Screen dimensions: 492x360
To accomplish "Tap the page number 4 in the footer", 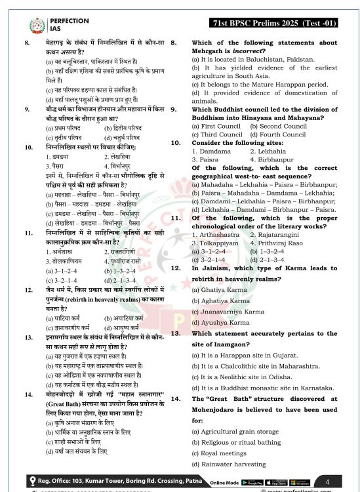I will (327, 482).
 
